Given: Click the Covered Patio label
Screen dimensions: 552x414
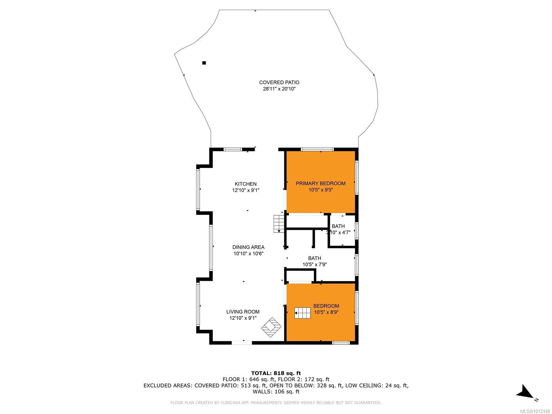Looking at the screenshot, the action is tap(279, 82).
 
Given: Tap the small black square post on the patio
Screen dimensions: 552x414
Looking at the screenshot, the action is tap(204, 63).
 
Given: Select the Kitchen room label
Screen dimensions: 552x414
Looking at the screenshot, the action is tap(245, 184).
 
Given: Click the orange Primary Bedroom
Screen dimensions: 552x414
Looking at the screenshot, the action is tap(321, 182).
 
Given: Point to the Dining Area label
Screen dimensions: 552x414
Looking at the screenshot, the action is tap(248, 247).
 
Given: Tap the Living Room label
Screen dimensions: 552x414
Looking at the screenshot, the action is tap(243, 312).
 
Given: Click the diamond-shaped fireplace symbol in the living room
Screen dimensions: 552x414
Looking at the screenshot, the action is tap(272, 327).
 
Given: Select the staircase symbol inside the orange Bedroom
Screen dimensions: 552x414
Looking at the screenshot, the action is tap(303, 313).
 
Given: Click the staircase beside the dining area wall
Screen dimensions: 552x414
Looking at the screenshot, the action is tap(279, 224).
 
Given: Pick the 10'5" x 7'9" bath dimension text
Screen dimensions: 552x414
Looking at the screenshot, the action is tap(315, 264).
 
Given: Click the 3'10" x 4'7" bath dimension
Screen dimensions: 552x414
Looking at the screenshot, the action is tap(338, 233).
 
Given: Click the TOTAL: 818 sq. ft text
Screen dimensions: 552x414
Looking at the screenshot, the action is tap(276, 373).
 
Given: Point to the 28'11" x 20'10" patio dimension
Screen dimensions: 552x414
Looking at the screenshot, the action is tap(279, 89).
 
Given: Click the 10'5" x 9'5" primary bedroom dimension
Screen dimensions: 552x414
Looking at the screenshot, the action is tap(321, 190).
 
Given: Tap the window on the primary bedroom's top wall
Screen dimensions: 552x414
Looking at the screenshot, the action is tap(317, 149).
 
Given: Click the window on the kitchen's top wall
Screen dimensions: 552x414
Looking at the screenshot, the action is tap(233, 149).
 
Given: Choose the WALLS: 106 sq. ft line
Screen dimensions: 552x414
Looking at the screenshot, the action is tap(276, 392).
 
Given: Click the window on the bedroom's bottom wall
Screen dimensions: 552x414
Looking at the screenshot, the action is tap(341, 343).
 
